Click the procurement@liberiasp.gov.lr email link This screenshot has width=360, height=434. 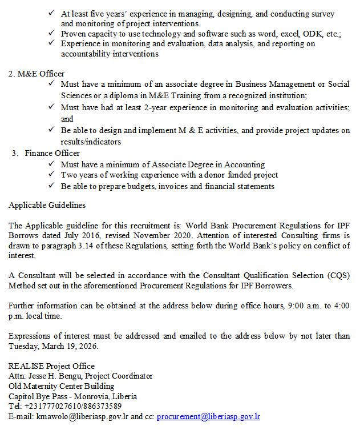click(x=208, y=417)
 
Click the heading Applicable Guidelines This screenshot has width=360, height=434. click(x=47, y=204)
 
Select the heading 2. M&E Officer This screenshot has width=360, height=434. click(x=37, y=74)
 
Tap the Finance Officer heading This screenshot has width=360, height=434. click(x=52, y=153)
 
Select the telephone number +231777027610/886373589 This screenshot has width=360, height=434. click(x=73, y=406)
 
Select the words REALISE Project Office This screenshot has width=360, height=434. click(x=51, y=366)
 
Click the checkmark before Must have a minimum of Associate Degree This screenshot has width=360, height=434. click(x=52, y=164)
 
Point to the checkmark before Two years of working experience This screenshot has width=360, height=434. click(x=52, y=175)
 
